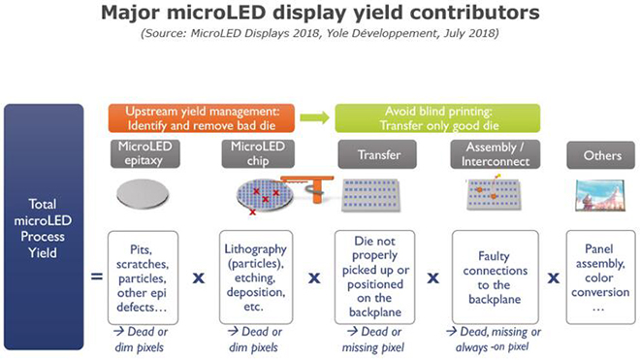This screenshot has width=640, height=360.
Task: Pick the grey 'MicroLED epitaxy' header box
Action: coord(145,153)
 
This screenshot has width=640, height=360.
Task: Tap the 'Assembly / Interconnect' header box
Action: coord(491,153)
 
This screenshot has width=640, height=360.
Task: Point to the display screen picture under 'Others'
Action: coord(600,195)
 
